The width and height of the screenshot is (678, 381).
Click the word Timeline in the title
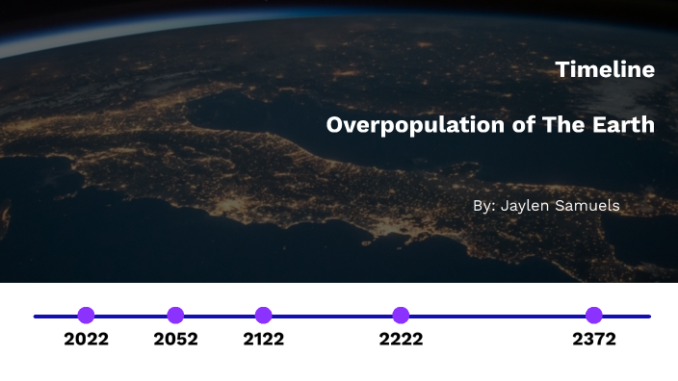point(605,70)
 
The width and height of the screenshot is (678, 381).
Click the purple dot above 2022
point(86,316)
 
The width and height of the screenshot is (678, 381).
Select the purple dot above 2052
point(175,316)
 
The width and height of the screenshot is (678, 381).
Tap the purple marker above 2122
point(264,316)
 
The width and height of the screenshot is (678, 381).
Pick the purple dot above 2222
point(401,316)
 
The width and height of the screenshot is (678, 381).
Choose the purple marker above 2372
point(594,316)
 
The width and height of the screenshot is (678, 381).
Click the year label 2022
point(86,340)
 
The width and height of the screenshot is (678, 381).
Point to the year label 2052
point(175,340)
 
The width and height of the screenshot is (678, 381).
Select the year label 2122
point(264,340)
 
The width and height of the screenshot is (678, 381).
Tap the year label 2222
point(401,340)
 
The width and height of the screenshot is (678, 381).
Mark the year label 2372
point(594,340)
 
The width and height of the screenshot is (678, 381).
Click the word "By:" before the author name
point(484,206)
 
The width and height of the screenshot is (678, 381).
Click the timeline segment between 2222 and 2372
point(497,316)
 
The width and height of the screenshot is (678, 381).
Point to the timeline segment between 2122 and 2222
point(332,316)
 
